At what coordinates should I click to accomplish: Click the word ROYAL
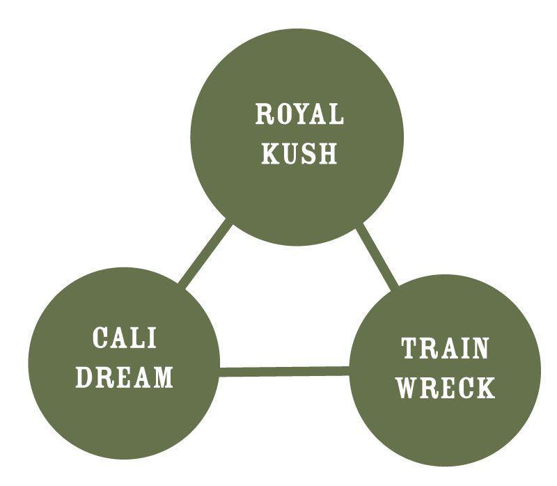(x=299, y=114)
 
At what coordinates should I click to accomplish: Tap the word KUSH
(x=299, y=154)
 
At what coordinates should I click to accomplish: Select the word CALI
(x=125, y=338)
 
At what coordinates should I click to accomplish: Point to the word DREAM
(x=124, y=377)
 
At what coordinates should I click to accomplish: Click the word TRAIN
(x=446, y=348)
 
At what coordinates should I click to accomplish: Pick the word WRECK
(x=446, y=388)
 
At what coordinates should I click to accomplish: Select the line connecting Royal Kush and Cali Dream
(x=204, y=254)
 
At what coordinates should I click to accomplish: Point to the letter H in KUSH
(x=327, y=154)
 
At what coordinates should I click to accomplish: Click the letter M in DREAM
(x=162, y=377)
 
